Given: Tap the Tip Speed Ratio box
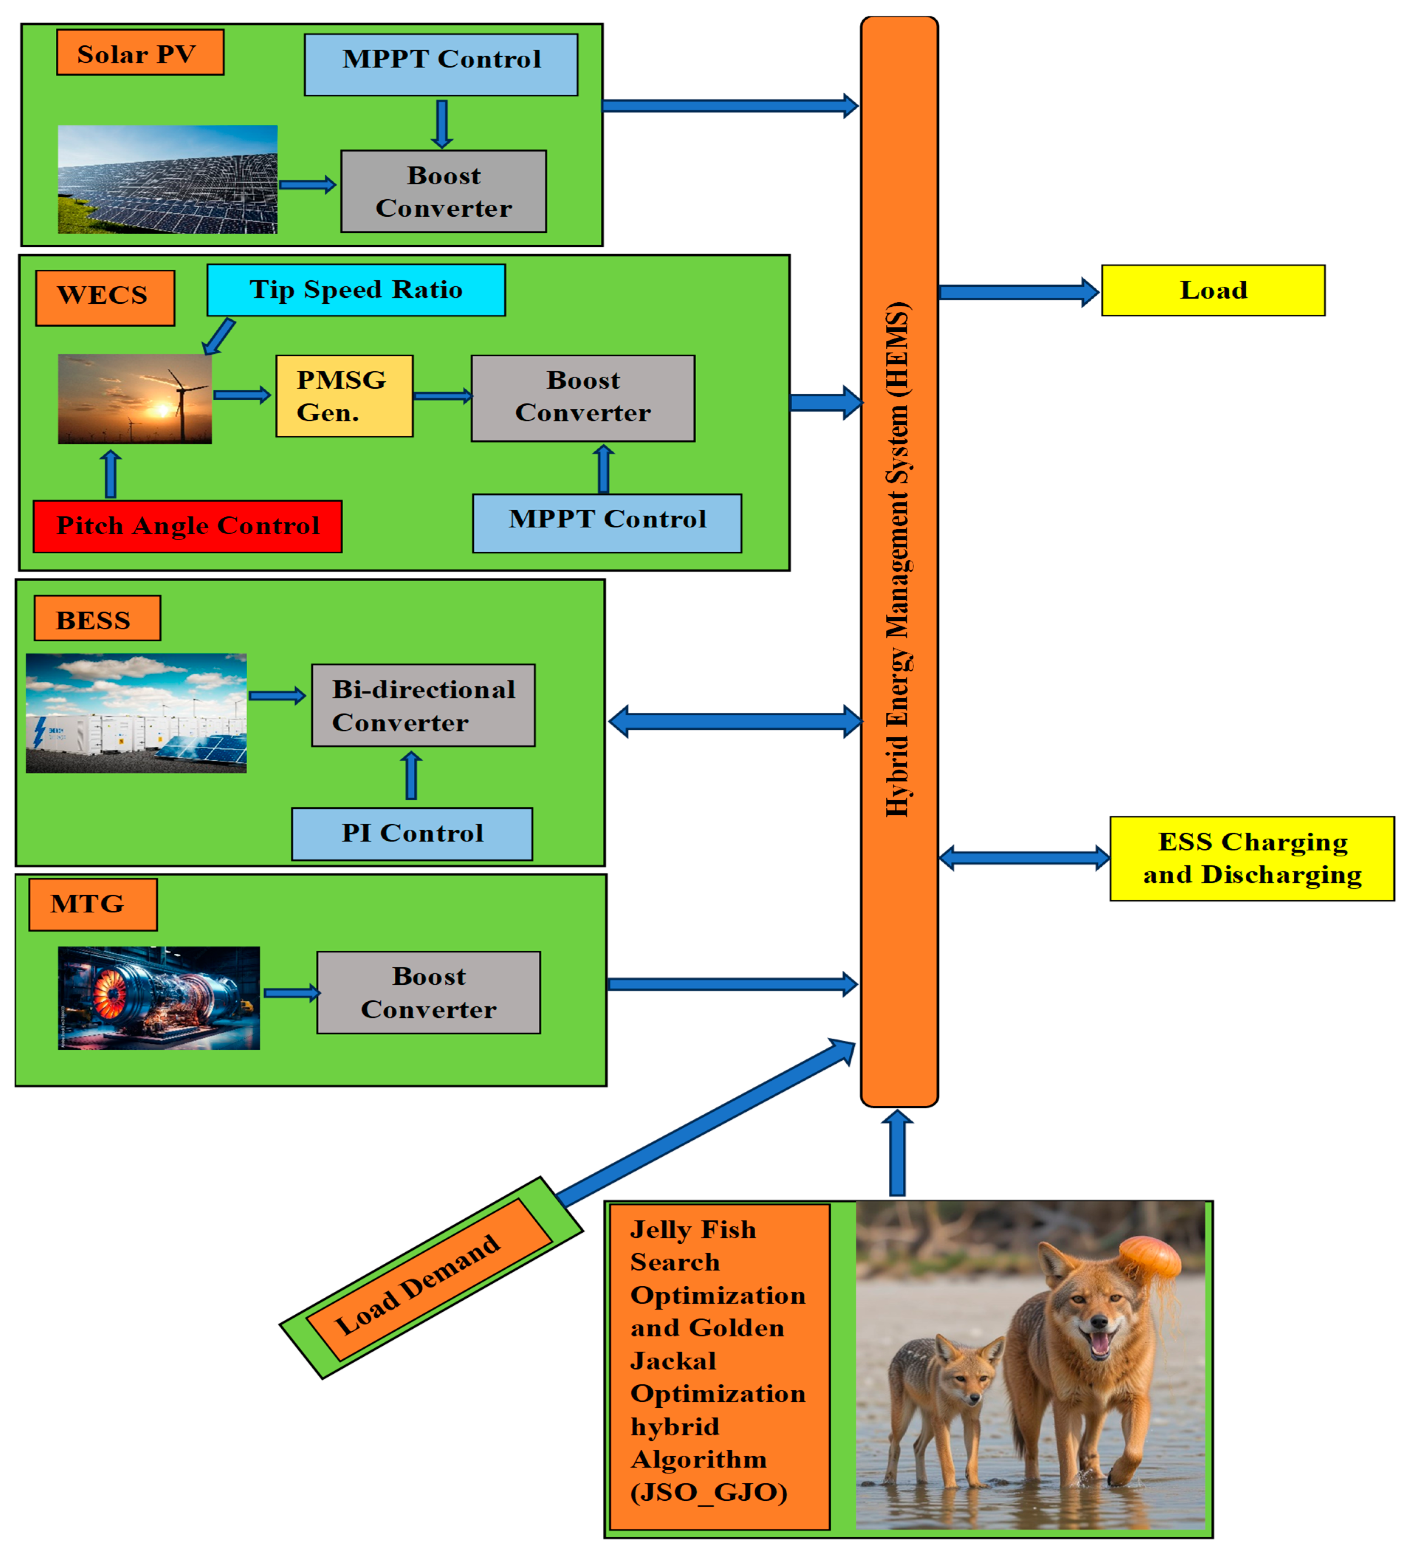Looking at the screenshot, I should pos(356,290).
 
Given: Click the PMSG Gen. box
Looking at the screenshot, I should pos(344,396).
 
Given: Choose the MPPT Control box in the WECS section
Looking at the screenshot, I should pos(607,523).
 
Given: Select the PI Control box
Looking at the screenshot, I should pos(412,834).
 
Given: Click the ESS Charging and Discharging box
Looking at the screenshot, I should pos(1251,858).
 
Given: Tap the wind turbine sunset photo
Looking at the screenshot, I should pos(135,399).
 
